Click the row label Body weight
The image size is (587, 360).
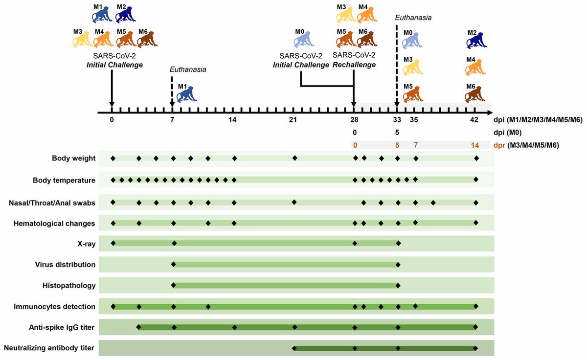(74, 158)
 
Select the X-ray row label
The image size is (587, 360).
(87, 244)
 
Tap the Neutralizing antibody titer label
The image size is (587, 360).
(49, 348)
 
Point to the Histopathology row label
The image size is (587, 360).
(69, 285)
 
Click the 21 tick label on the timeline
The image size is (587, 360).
(293, 120)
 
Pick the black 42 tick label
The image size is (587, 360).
(474, 120)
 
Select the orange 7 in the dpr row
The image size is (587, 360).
(416, 145)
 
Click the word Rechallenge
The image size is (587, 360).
(354, 65)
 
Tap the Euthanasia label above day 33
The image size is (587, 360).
(413, 18)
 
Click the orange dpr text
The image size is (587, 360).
(499, 145)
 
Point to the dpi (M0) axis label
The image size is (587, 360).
(508, 133)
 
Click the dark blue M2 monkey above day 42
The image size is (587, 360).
(476, 40)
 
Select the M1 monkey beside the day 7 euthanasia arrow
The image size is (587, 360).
(186, 94)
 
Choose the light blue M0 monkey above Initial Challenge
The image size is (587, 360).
(304, 40)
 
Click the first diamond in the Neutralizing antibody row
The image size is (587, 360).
(294, 348)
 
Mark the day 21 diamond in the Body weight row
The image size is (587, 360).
(295, 158)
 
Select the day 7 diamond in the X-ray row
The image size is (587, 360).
(174, 243)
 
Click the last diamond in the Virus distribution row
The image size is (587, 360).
(398, 265)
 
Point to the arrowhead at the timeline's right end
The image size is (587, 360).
(490, 113)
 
